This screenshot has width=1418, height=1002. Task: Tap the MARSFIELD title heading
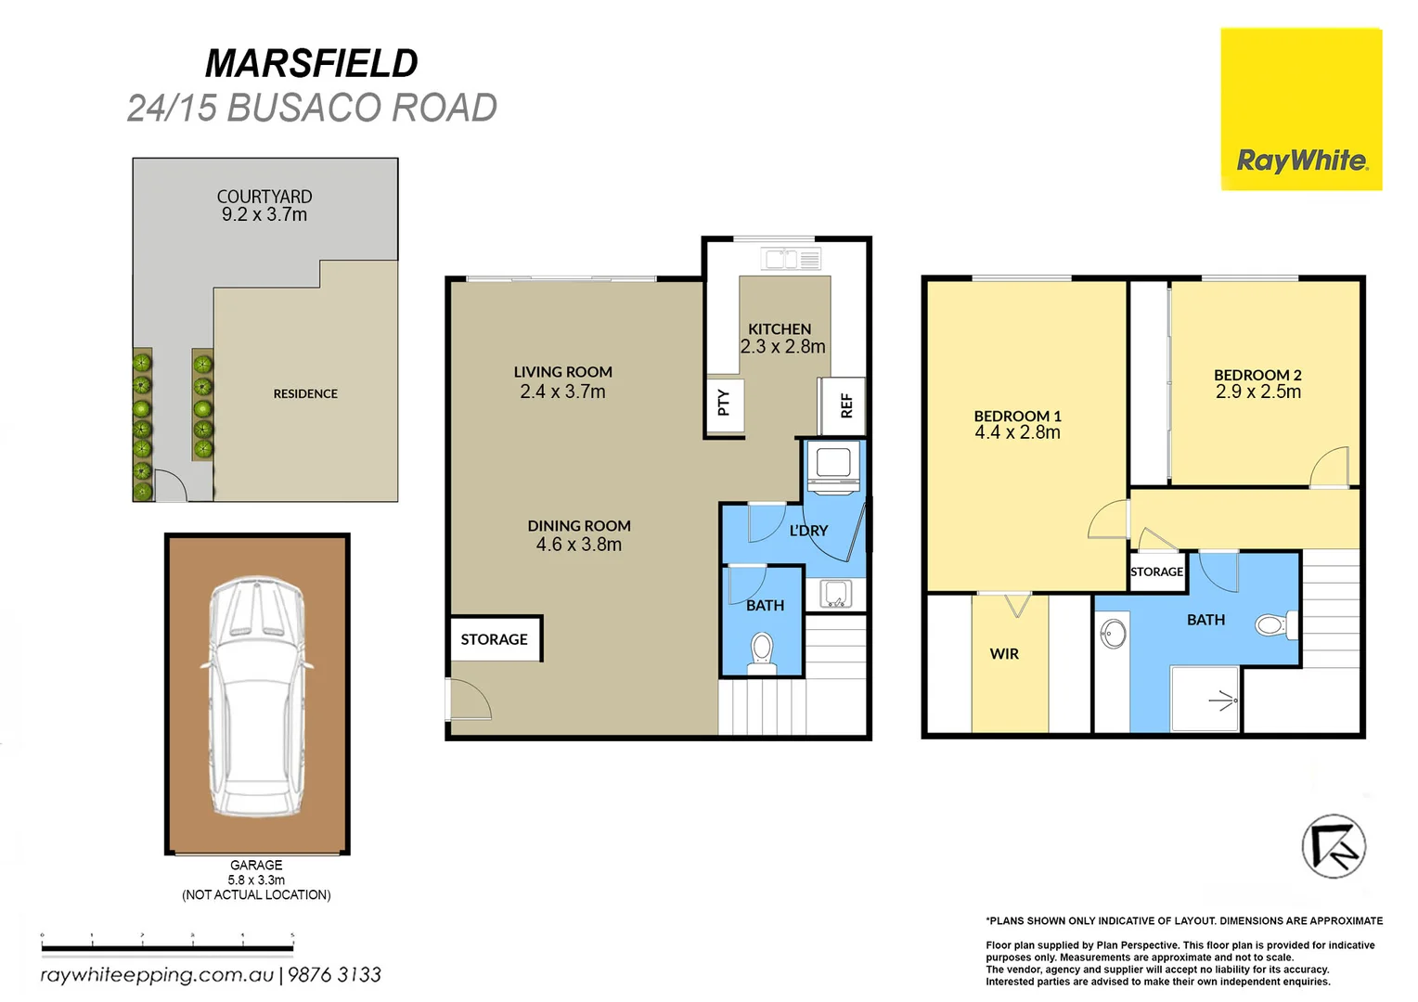[x=311, y=64]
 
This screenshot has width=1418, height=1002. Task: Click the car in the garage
[x=255, y=695]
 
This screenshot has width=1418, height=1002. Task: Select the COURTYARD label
[x=264, y=197]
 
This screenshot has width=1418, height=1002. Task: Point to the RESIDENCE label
[x=305, y=394]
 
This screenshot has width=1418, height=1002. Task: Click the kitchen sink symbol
[x=791, y=259]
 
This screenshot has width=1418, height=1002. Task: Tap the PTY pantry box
[x=724, y=405]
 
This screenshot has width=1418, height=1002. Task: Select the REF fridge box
[x=844, y=405]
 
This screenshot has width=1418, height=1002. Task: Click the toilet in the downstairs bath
[x=762, y=650]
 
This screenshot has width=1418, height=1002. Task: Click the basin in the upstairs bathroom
[x=1113, y=634]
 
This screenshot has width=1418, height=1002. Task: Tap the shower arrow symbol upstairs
[x=1223, y=700]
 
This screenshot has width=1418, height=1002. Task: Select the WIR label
[x=1004, y=654]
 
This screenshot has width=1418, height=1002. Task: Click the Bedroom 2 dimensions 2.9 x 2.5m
[x=1257, y=392]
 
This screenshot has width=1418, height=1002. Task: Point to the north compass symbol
[x=1334, y=846]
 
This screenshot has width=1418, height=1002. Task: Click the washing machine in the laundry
[x=833, y=467]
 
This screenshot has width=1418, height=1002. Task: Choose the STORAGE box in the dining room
[x=495, y=639]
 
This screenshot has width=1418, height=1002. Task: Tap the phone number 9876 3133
[x=334, y=975]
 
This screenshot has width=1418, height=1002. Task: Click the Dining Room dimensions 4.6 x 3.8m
[x=578, y=545]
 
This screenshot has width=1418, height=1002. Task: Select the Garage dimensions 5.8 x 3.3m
[x=256, y=880]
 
